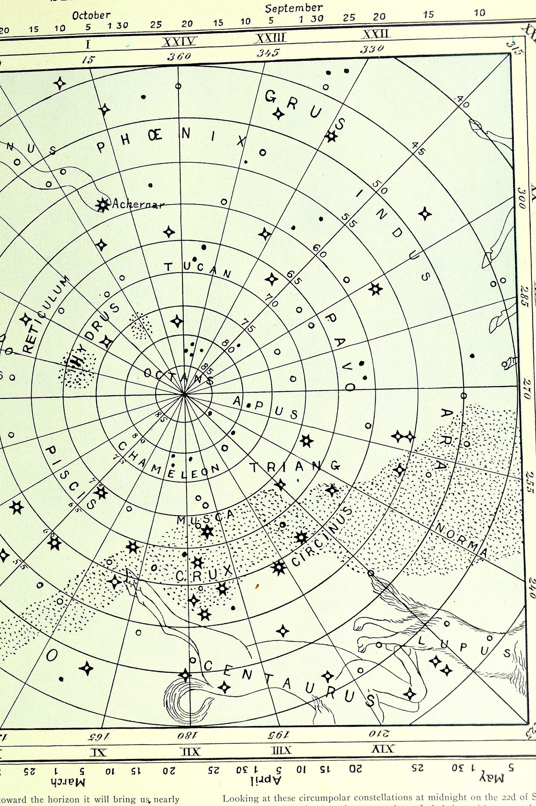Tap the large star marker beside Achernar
click(x=103, y=205)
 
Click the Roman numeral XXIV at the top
click(x=179, y=42)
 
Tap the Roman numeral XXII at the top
click(x=376, y=34)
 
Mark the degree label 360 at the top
click(x=179, y=56)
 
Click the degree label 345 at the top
click(x=268, y=53)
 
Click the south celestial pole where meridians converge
click(x=184, y=395)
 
